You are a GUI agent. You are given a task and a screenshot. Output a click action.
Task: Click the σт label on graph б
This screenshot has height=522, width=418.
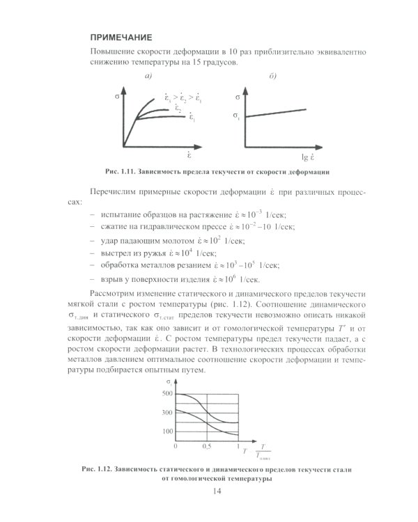(238, 116)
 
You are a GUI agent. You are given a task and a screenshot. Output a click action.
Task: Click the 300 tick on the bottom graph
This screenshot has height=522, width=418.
(167, 413)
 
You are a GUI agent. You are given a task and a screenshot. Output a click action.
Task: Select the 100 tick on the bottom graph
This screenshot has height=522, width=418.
(167, 432)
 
